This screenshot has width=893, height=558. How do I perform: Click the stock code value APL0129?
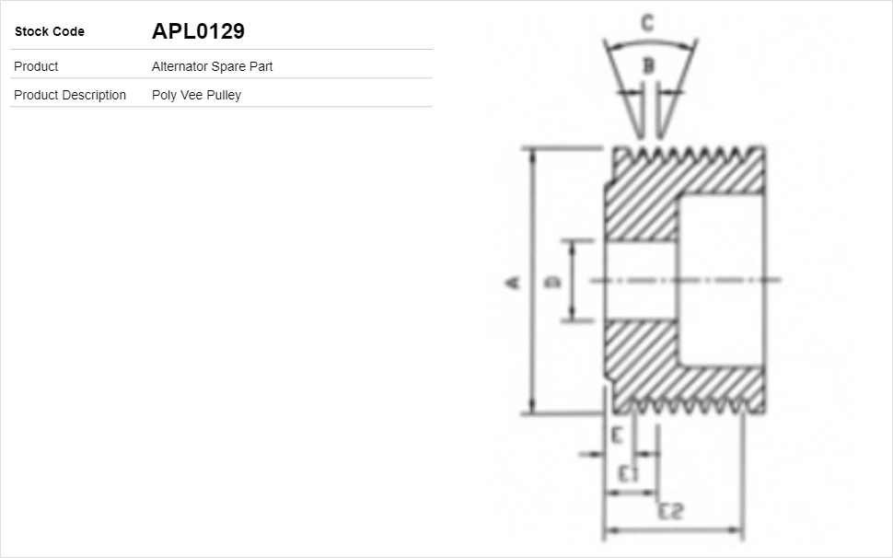pyautogui.click(x=198, y=31)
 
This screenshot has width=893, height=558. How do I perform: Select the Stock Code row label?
pyautogui.click(x=50, y=31)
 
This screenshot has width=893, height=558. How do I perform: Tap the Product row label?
pyautogui.click(x=36, y=66)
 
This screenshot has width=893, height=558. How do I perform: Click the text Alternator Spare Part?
pyautogui.click(x=212, y=66)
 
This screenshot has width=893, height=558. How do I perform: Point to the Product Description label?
pyautogui.click(x=70, y=95)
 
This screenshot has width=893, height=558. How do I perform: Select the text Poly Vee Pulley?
pyautogui.click(x=196, y=95)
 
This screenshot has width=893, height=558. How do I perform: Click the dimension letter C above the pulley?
pyautogui.click(x=648, y=23)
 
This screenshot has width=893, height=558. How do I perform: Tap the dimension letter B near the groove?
pyautogui.click(x=648, y=65)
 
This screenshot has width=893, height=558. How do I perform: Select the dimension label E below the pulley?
pyautogui.click(x=618, y=435)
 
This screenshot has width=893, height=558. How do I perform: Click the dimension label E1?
pyautogui.click(x=629, y=474)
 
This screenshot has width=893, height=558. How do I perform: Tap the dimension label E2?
pyautogui.click(x=670, y=511)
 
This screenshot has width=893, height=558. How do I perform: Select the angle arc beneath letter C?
pyautogui.click(x=650, y=41)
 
